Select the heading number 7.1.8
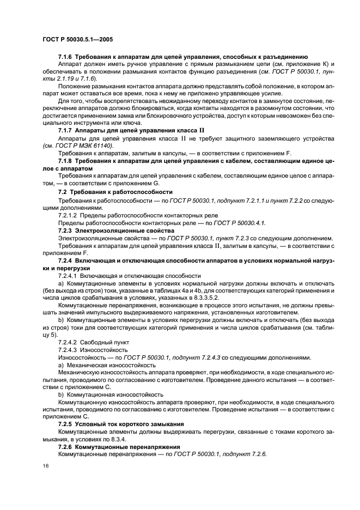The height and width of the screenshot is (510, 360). pos(66,162)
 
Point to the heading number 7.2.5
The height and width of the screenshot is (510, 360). pos(66,423)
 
